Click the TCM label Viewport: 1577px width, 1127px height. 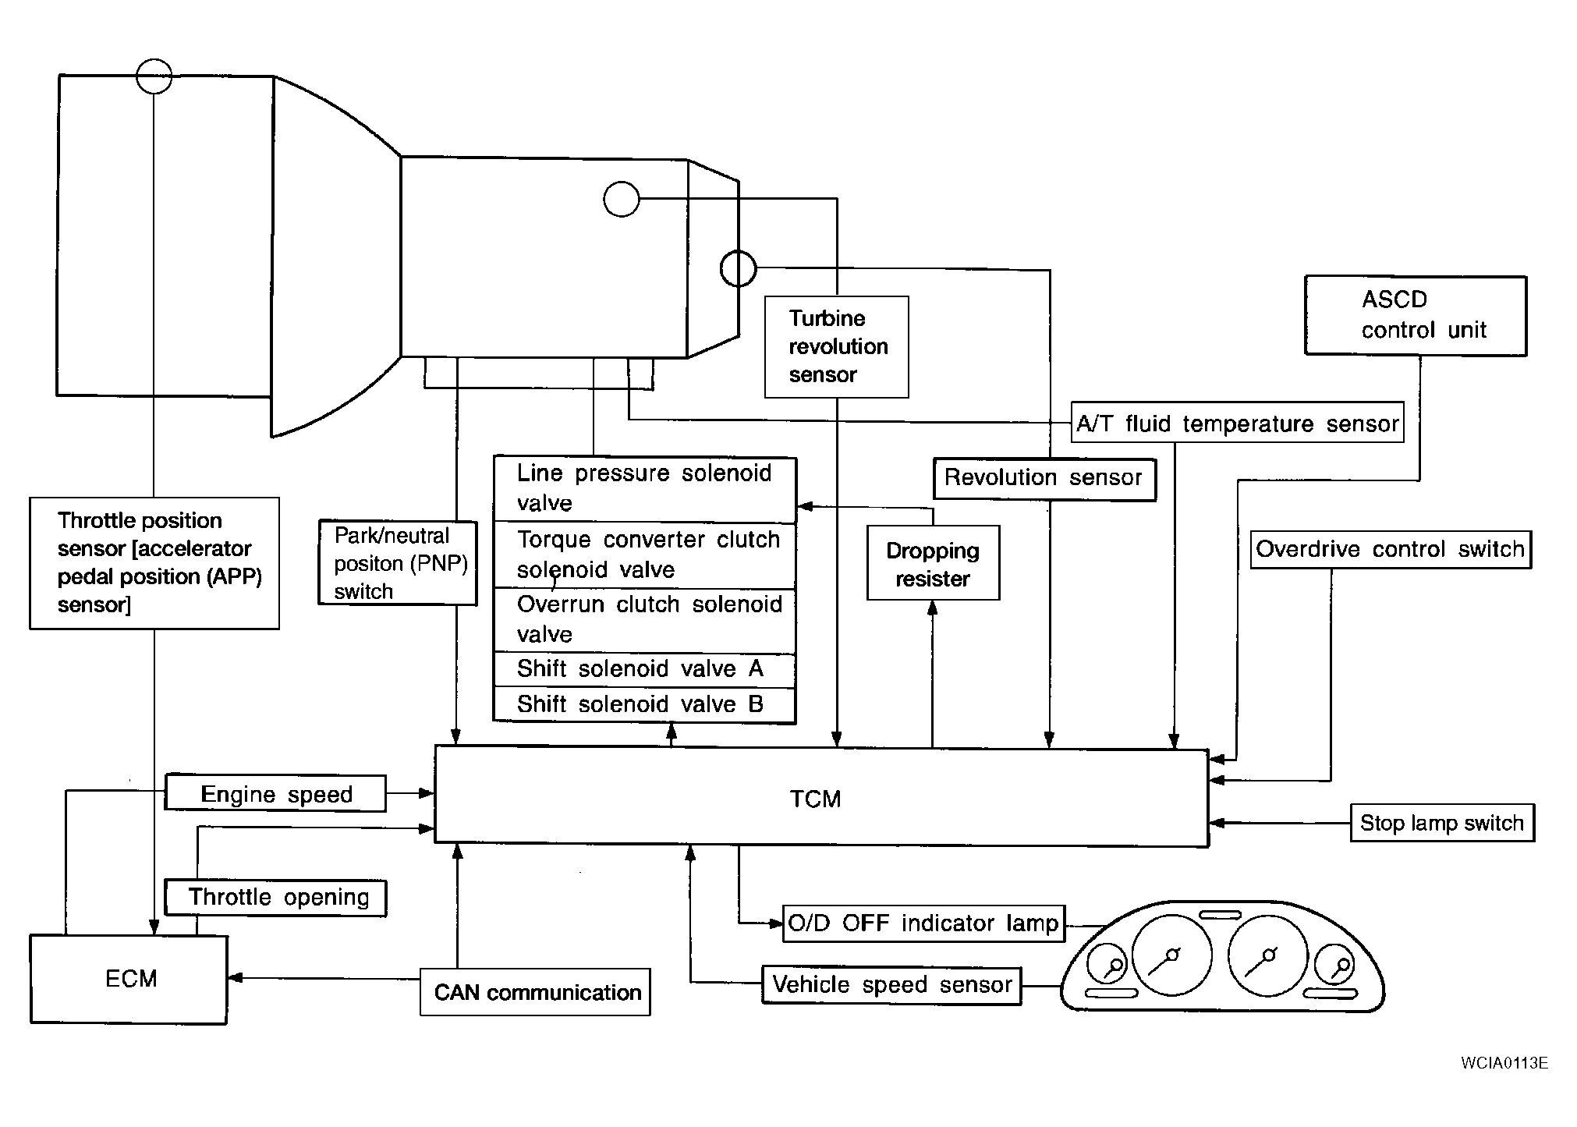click(815, 799)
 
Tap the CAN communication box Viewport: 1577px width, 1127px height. click(535, 992)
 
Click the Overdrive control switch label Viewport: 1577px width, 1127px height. click(1390, 549)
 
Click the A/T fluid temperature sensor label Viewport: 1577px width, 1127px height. click(1237, 424)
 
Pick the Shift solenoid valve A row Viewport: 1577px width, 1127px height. click(645, 670)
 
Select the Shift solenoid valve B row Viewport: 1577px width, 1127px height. click(645, 705)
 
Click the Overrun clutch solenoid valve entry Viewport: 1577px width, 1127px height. click(645, 621)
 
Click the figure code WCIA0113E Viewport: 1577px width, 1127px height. click(1504, 1063)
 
